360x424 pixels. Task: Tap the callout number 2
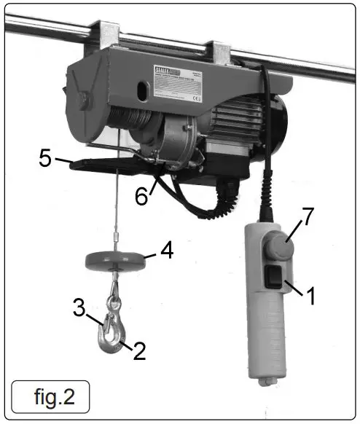[x=139, y=352]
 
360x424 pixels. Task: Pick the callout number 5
[x=46, y=158]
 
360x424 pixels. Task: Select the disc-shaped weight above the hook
[x=114, y=259]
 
